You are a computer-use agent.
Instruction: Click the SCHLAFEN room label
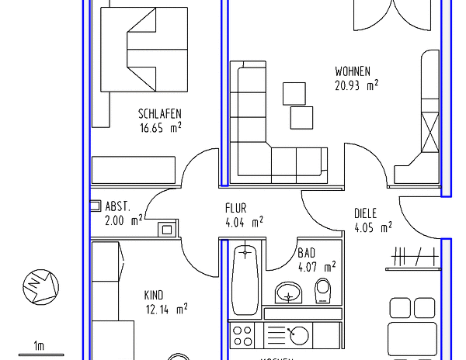click(x=160, y=113)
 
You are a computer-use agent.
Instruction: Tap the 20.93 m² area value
click(x=356, y=85)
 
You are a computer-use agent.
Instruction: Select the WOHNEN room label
click(x=353, y=71)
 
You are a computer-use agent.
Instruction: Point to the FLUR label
click(x=236, y=208)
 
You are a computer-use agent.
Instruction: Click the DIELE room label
click(x=365, y=213)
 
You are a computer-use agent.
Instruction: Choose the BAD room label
click(x=307, y=253)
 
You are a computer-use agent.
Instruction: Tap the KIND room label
click(x=154, y=295)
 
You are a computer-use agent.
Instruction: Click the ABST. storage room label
click(x=117, y=207)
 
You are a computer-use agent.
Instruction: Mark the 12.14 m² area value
click(x=165, y=309)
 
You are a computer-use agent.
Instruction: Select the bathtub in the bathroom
click(x=245, y=279)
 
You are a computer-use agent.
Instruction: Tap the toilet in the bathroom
click(x=324, y=291)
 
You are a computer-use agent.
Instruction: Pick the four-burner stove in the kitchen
click(x=243, y=336)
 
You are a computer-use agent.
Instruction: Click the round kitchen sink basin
click(x=299, y=335)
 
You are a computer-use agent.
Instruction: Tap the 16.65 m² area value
click(x=161, y=128)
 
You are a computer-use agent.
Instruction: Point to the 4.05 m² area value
click(x=373, y=228)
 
